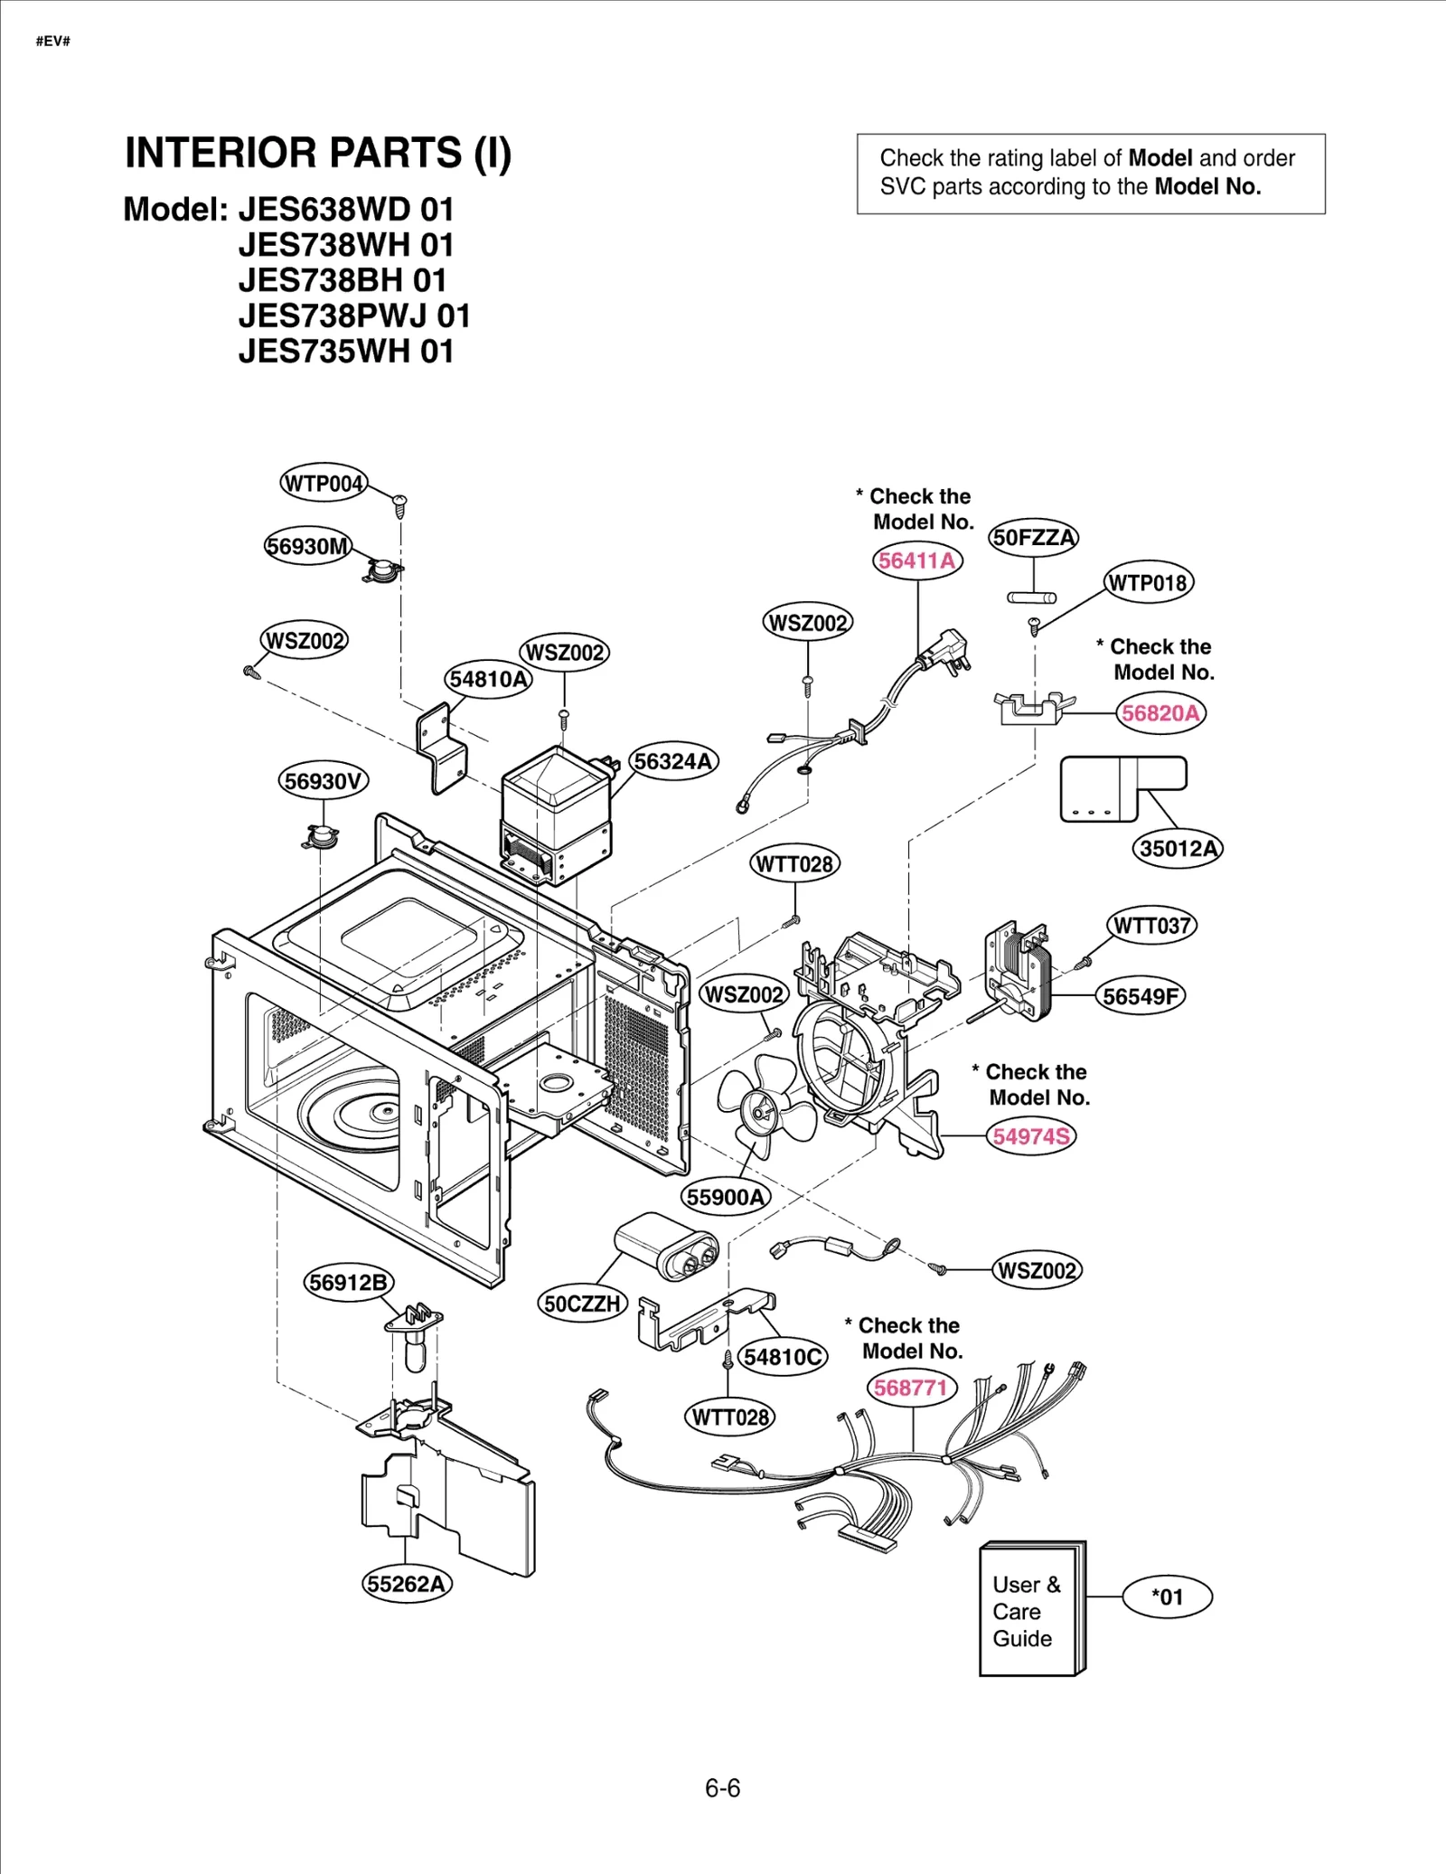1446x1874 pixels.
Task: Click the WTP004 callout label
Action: click(x=324, y=484)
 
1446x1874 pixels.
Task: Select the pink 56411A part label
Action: click(x=916, y=560)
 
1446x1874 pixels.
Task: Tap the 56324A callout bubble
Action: click(x=673, y=761)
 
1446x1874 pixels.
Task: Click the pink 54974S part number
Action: click(x=1030, y=1136)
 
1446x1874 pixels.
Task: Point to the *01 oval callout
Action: click(x=1167, y=1597)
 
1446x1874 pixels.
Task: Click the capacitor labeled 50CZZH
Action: click(x=665, y=1247)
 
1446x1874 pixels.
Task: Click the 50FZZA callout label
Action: click(x=1034, y=538)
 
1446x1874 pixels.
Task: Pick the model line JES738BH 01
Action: click(x=343, y=280)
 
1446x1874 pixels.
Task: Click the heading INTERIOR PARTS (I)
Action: click(x=318, y=153)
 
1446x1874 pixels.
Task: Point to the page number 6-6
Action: click(x=722, y=1788)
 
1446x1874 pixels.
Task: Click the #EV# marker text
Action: click(x=52, y=42)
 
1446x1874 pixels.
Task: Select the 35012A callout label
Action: click(x=1178, y=848)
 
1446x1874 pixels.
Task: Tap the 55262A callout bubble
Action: click(x=407, y=1584)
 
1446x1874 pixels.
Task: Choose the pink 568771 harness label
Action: click(x=911, y=1388)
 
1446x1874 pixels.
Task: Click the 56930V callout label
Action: click(x=323, y=781)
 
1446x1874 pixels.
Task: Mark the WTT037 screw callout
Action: click(x=1150, y=926)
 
